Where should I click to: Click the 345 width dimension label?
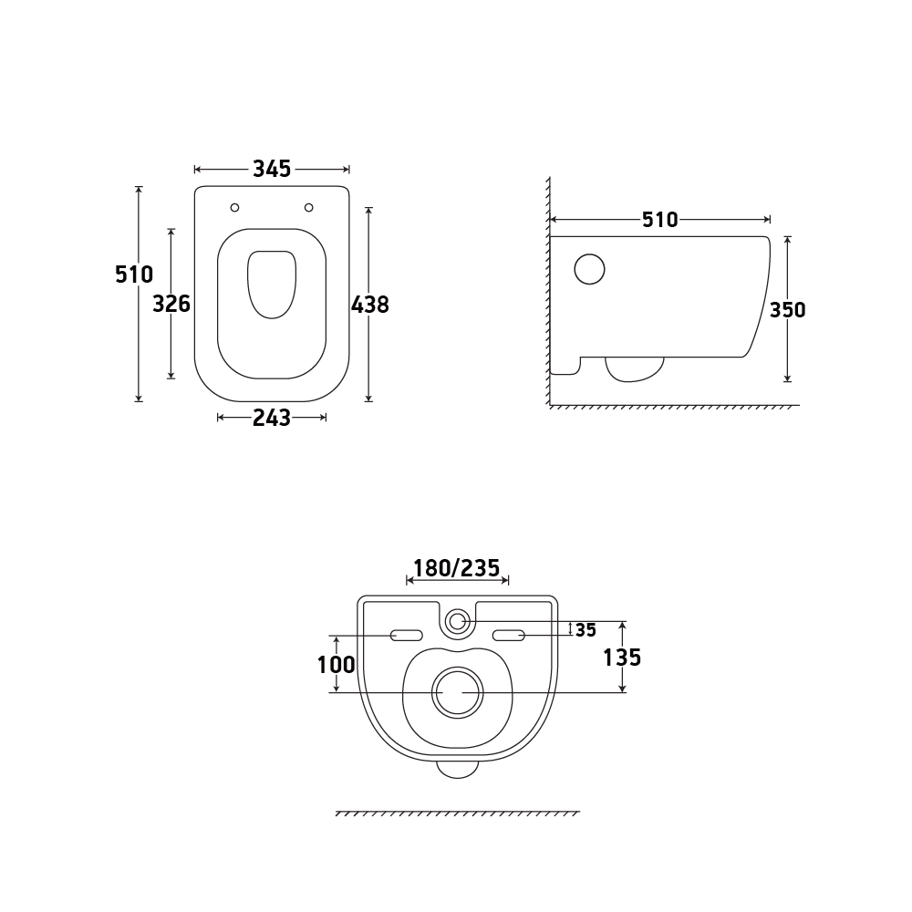(x=272, y=169)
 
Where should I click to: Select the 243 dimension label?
(x=272, y=418)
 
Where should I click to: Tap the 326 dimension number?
(x=171, y=304)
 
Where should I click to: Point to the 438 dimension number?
(x=370, y=305)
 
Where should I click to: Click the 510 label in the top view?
(x=134, y=274)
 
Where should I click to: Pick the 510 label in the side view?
(x=660, y=219)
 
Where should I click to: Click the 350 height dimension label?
(x=788, y=309)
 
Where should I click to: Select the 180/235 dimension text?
(x=457, y=567)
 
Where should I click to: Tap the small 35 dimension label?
(x=586, y=630)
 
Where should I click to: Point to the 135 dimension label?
(x=622, y=658)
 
